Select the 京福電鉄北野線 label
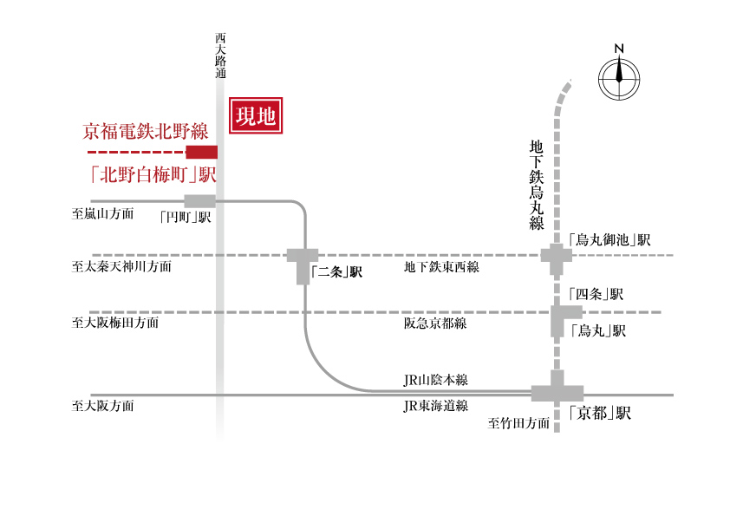[146, 133]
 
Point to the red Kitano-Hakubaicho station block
[202, 152]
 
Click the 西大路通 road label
[220, 57]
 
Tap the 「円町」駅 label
[186, 218]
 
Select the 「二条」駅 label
[336, 272]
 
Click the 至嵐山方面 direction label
[102, 212]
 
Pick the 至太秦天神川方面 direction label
[121, 267]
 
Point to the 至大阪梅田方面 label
[115, 323]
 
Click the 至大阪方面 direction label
[102, 405]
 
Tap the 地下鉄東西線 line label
[441, 267]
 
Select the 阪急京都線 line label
[435, 323]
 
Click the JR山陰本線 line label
[435, 380]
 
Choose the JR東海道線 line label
[435, 405]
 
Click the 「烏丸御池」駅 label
[609, 239]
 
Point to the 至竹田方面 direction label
[519, 424]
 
